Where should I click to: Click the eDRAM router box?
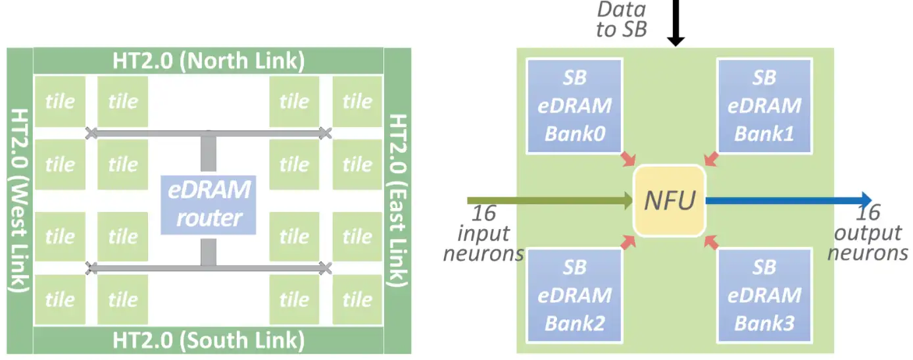click(x=209, y=205)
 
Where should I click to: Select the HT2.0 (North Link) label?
click(x=209, y=61)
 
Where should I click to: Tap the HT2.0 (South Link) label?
click(x=209, y=340)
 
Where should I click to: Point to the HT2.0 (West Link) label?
click(x=20, y=201)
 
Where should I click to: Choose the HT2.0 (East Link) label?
click(x=397, y=201)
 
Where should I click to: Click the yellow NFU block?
click(x=670, y=201)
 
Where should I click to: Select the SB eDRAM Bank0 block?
click(x=574, y=106)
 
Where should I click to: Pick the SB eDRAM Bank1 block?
click(x=764, y=106)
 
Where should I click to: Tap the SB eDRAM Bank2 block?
click(x=574, y=296)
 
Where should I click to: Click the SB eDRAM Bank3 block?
click(x=764, y=296)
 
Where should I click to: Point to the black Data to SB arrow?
click(x=676, y=23)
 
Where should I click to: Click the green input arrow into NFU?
click(x=550, y=201)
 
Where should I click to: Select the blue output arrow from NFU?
click(x=789, y=200)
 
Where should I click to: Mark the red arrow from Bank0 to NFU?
click(x=628, y=159)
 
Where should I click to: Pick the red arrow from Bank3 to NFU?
click(x=711, y=243)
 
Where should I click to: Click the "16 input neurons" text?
click(x=483, y=233)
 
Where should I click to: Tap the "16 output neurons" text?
click(x=868, y=233)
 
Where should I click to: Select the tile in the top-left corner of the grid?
click(x=61, y=101)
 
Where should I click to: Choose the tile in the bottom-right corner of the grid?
click(x=357, y=299)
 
